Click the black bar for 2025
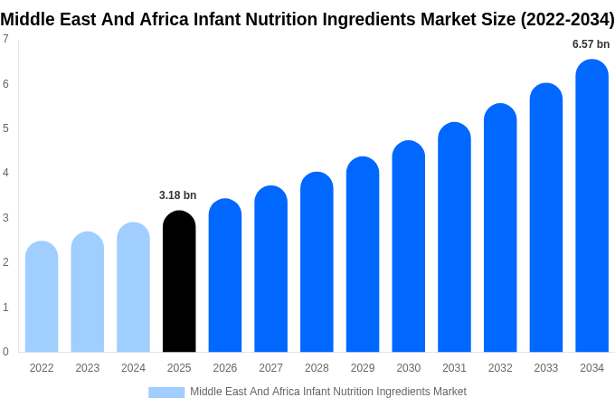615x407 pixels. [179, 282]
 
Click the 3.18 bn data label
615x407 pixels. [177, 195]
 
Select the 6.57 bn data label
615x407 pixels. [591, 44]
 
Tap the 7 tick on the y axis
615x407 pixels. [5, 39]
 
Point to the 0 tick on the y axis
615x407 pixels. [5, 352]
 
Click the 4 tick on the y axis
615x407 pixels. [5, 173]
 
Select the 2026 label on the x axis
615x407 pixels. [225, 368]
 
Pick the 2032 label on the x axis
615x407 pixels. [500, 368]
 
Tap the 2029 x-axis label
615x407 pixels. [363, 368]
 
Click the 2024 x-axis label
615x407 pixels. [133, 368]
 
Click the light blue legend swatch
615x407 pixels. [166, 393]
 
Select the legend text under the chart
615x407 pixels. [328, 392]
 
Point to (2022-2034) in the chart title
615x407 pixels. [567, 19]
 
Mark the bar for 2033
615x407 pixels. [545, 218]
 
